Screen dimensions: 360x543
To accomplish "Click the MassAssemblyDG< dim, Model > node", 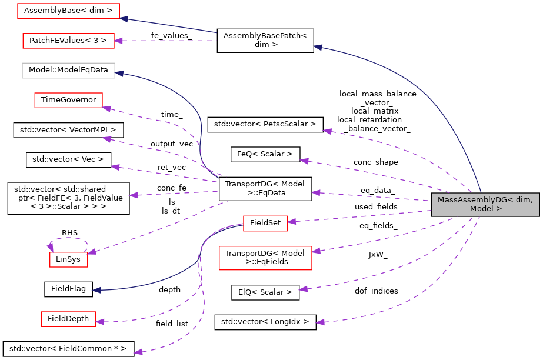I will tap(485, 204).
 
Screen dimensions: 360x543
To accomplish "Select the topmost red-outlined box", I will tap(68, 11).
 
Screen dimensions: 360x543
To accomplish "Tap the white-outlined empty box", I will tap(68, 71).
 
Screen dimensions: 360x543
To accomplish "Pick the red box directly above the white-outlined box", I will tap(68, 41).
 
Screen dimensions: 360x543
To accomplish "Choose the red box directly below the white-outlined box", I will tap(68, 100).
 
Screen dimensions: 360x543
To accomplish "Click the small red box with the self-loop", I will tap(68, 259).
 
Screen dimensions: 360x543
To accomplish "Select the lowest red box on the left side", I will tap(68, 319).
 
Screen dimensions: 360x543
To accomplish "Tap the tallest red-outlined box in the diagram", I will tap(265, 258).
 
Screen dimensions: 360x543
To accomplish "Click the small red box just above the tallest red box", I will tap(265, 224).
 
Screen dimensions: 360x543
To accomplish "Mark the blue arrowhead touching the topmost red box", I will tap(124, 19).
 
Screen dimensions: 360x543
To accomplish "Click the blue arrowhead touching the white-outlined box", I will tap(119, 73).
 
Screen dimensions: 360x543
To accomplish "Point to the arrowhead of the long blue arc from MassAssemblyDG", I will tap(317, 47).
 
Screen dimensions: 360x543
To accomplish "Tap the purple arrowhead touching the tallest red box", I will tap(316, 251).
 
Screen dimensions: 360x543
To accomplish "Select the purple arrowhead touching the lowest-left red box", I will tap(99, 322).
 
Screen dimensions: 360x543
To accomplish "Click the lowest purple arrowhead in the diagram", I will tap(138, 352).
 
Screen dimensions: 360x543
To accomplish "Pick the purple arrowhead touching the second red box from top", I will tap(118, 41).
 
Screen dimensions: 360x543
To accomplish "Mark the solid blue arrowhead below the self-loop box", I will tap(96, 290).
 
